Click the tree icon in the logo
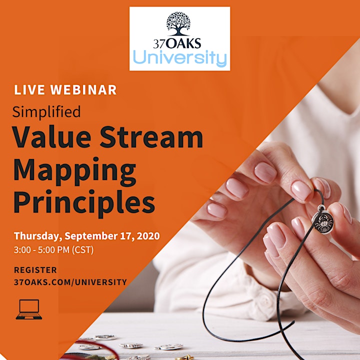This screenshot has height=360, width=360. (x=178, y=24)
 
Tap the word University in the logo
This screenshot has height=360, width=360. (x=180, y=57)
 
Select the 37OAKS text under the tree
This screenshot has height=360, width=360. (x=177, y=43)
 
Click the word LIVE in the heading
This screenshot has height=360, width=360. (x=29, y=90)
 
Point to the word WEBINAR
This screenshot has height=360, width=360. (x=83, y=90)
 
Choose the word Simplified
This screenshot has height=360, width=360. (x=46, y=112)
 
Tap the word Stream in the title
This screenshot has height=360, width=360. (x=151, y=137)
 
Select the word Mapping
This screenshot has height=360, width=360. (x=75, y=171)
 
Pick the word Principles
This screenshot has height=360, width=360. (x=84, y=202)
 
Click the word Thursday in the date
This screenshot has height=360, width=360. (x=38, y=236)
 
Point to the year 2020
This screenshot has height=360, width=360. (x=148, y=236)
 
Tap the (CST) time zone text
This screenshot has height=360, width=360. (x=83, y=250)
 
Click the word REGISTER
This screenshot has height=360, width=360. (x=35, y=270)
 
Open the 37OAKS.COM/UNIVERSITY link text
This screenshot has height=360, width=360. (x=70, y=282)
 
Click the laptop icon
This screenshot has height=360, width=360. (x=29, y=309)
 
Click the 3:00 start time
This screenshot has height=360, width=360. (x=22, y=250)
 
